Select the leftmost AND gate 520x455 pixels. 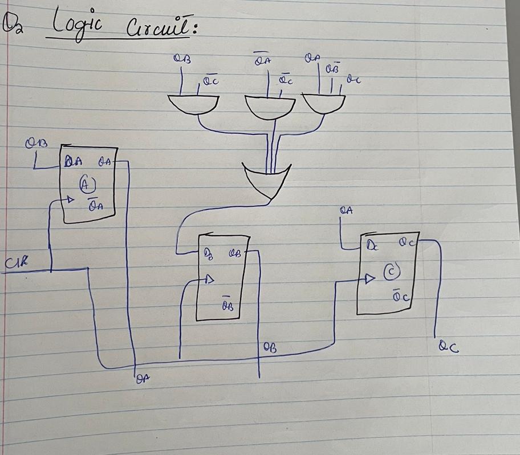point(194,105)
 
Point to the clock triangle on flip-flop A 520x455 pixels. point(70,200)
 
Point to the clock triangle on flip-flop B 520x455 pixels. point(208,280)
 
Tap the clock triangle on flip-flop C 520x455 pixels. point(370,278)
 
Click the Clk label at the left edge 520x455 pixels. point(14,263)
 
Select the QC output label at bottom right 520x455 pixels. point(449,345)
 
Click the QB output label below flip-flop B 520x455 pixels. point(270,346)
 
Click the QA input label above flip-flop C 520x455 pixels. point(346,210)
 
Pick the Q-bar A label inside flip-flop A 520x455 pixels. point(95,204)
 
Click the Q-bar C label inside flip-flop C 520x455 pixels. point(399,296)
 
